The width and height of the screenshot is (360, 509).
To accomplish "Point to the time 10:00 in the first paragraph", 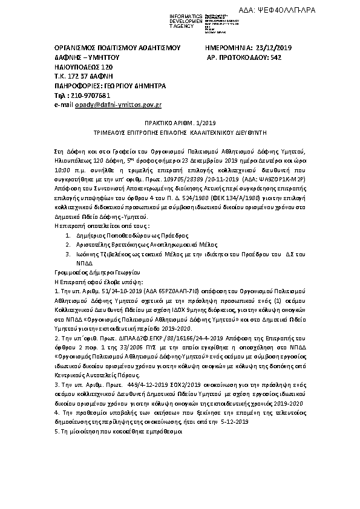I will tap(56, 170).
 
